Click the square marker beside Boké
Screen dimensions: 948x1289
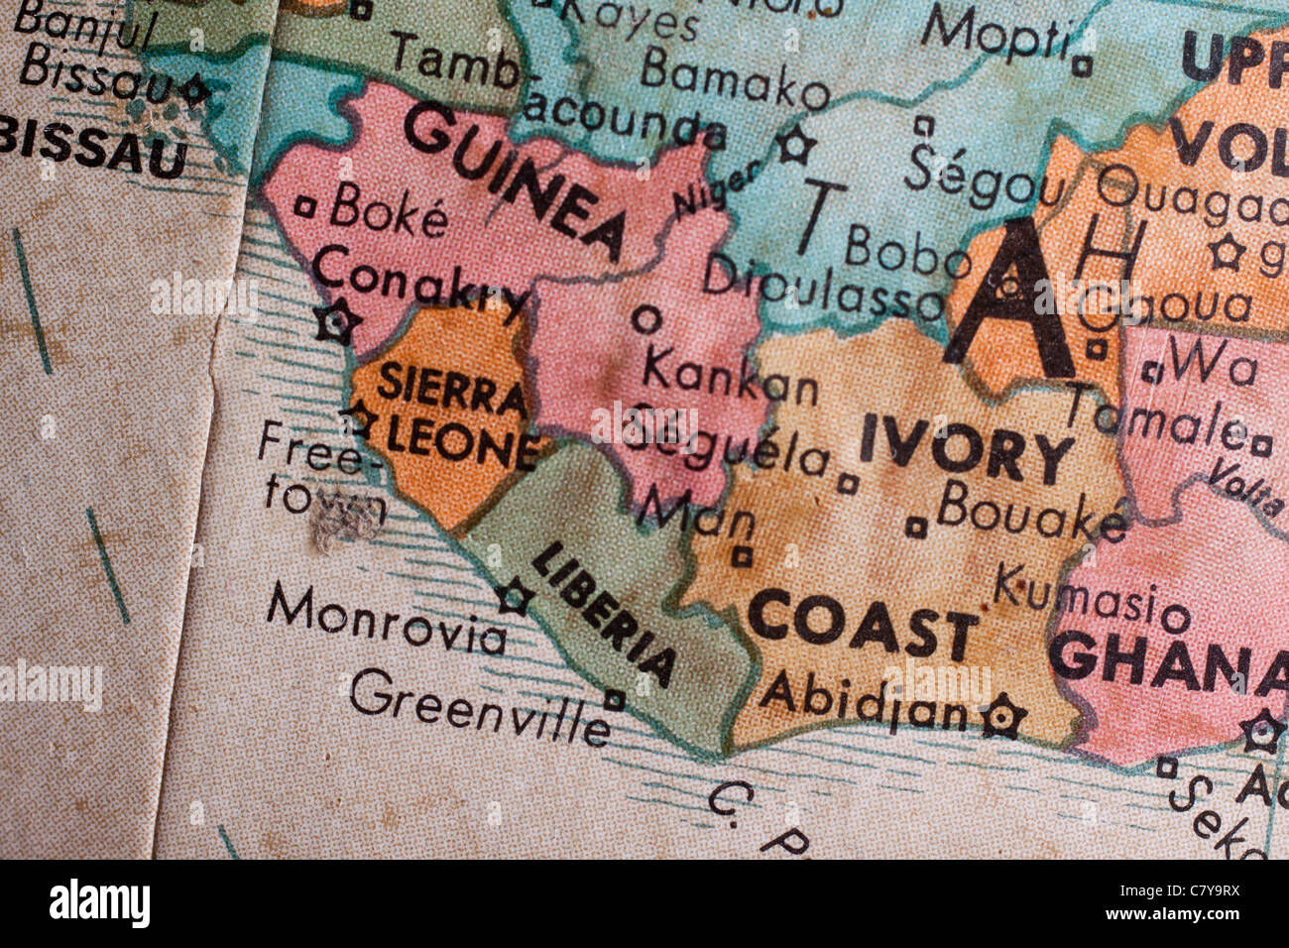coord(305,207)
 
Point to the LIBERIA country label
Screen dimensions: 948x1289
coord(604,614)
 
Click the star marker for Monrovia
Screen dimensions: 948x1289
coord(514,597)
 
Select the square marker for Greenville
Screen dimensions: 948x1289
coord(615,700)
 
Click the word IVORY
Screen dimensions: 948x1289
coord(966,451)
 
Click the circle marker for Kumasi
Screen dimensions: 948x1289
coord(1175,620)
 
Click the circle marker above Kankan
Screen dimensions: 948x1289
coord(646,319)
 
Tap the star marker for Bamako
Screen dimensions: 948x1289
coord(793,146)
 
